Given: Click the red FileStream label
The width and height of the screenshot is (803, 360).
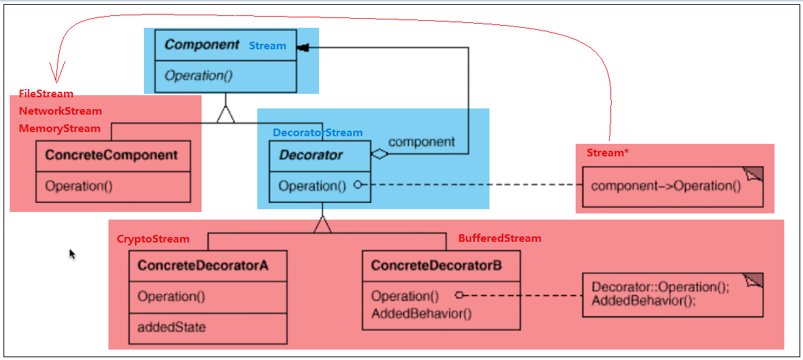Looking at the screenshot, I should [46, 94].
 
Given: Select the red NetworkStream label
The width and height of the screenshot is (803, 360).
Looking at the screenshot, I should [60, 111].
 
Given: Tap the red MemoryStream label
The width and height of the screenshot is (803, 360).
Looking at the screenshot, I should [59, 129].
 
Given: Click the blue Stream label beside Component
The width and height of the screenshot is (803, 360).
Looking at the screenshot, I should [268, 46].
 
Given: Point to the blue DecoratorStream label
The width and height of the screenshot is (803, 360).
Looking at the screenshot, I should [317, 133].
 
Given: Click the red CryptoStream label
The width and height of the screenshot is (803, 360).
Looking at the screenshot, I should [153, 239].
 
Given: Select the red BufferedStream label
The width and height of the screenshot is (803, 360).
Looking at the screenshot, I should [499, 238].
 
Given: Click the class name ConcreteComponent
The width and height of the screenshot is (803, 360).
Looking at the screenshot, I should [111, 155].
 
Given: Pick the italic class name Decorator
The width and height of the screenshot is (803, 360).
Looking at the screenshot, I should [311, 155].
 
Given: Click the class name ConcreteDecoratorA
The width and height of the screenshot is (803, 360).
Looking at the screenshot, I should [203, 265].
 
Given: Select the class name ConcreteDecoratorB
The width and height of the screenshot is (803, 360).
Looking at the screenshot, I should [437, 265].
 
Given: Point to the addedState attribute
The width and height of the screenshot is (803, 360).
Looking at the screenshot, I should [172, 327].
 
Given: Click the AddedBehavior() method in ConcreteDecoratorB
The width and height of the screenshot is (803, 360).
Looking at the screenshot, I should [421, 313].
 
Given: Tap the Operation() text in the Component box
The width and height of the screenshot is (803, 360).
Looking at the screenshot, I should [197, 76].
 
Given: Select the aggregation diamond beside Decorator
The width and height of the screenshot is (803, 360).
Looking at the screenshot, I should [380, 155].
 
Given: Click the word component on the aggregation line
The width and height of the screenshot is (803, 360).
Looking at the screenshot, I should [421, 142].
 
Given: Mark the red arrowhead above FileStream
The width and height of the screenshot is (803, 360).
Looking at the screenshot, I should [56, 72].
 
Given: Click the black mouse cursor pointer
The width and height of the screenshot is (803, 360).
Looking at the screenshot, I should [72, 254].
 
